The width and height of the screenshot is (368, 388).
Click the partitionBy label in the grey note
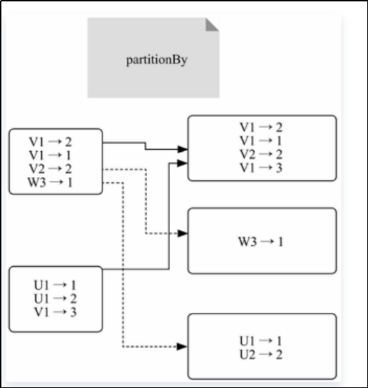[157, 60]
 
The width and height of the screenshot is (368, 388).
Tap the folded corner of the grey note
[212, 25]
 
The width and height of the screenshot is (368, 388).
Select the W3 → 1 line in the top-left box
[50, 183]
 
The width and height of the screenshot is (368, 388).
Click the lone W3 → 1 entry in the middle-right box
[261, 241]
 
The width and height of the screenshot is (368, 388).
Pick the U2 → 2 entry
[261, 355]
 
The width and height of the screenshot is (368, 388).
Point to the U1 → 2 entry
[55, 298]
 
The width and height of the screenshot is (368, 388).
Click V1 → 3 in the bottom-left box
[55, 312]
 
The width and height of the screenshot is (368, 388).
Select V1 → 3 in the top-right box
[261, 168]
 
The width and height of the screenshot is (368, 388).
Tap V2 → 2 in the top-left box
[50, 169]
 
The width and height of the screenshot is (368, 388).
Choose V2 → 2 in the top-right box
[261, 154]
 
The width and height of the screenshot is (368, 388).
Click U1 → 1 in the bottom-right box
[261, 341]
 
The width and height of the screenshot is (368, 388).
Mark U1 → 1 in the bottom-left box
[55, 285]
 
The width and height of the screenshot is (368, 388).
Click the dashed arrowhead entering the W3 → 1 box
[183, 233]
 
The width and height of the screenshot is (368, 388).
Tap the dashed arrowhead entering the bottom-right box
[183, 346]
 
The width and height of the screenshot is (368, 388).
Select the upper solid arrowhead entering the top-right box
[183, 149]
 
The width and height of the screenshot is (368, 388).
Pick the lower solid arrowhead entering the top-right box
[183, 163]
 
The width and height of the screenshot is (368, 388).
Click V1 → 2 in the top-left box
[50, 142]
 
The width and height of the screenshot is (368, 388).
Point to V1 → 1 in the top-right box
[261, 141]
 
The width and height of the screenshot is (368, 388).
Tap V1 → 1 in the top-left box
[50, 155]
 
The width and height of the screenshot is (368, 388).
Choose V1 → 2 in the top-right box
[261, 127]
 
